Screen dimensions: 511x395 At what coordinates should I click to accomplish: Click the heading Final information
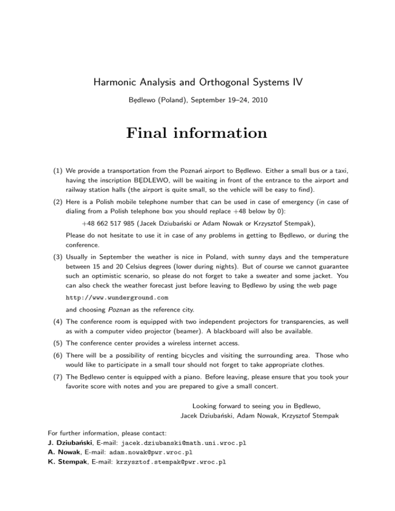[197, 134]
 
